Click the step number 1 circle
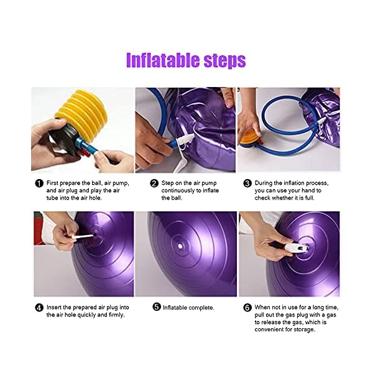[x=39, y=183]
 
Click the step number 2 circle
[x=154, y=183]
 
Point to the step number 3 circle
[x=247, y=183]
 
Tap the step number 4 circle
[x=39, y=306]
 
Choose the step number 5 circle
[x=157, y=306]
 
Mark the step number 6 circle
[x=247, y=306]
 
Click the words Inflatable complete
[x=188, y=306]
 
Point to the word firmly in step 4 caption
[x=113, y=315]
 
